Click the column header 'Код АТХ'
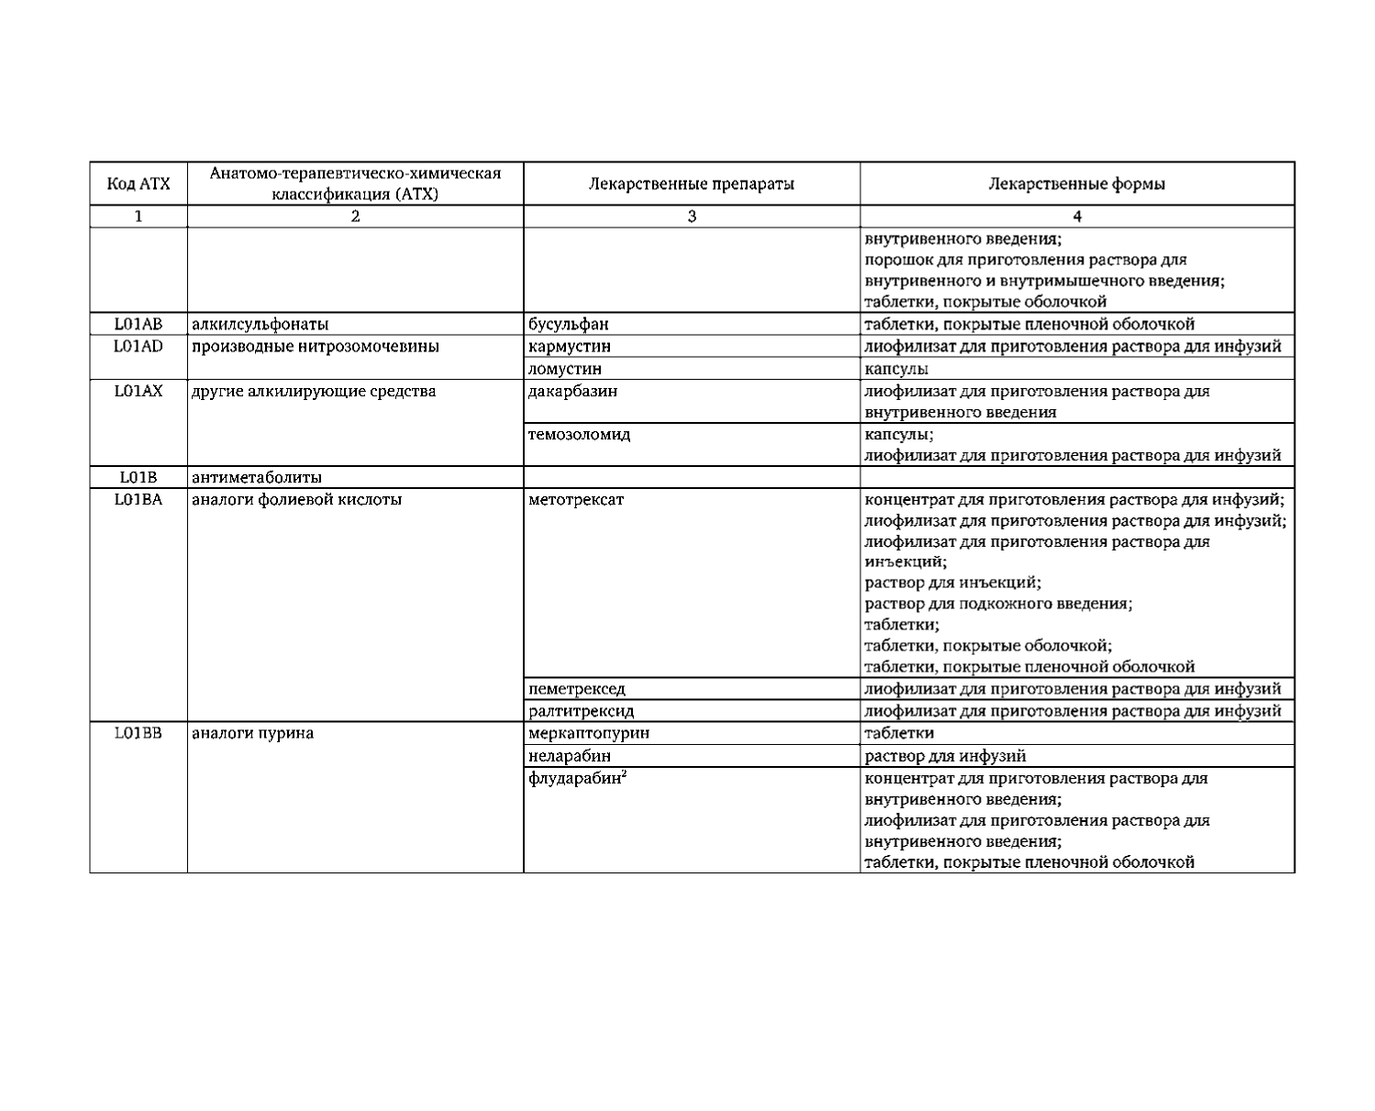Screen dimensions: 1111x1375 [x=139, y=183]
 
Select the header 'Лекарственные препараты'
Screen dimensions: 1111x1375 [x=692, y=183]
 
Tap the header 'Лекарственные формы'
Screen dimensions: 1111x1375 [x=1077, y=183]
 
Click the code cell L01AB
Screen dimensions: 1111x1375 [x=139, y=324]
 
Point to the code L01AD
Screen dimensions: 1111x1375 [x=139, y=346]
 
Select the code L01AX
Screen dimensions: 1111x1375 [x=139, y=391]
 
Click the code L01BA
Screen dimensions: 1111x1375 [x=139, y=500]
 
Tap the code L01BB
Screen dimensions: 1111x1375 [x=139, y=733]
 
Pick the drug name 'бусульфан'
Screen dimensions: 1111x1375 [x=569, y=324]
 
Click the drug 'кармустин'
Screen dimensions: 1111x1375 [x=570, y=347]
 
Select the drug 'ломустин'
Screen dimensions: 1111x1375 [x=565, y=369]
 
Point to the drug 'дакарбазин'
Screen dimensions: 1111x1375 [x=573, y=391]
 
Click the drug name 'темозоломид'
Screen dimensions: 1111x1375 [x=580, y=434]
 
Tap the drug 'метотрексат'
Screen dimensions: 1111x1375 [x=576, y=500]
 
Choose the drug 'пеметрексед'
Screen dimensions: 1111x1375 [x=577, y=689]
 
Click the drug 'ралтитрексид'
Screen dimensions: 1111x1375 [x=582, y=711]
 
